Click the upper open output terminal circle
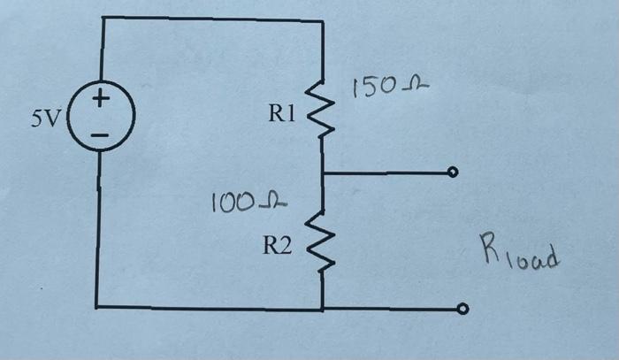454,172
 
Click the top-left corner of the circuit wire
103,18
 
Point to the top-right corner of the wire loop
321,19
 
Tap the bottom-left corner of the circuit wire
97,307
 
